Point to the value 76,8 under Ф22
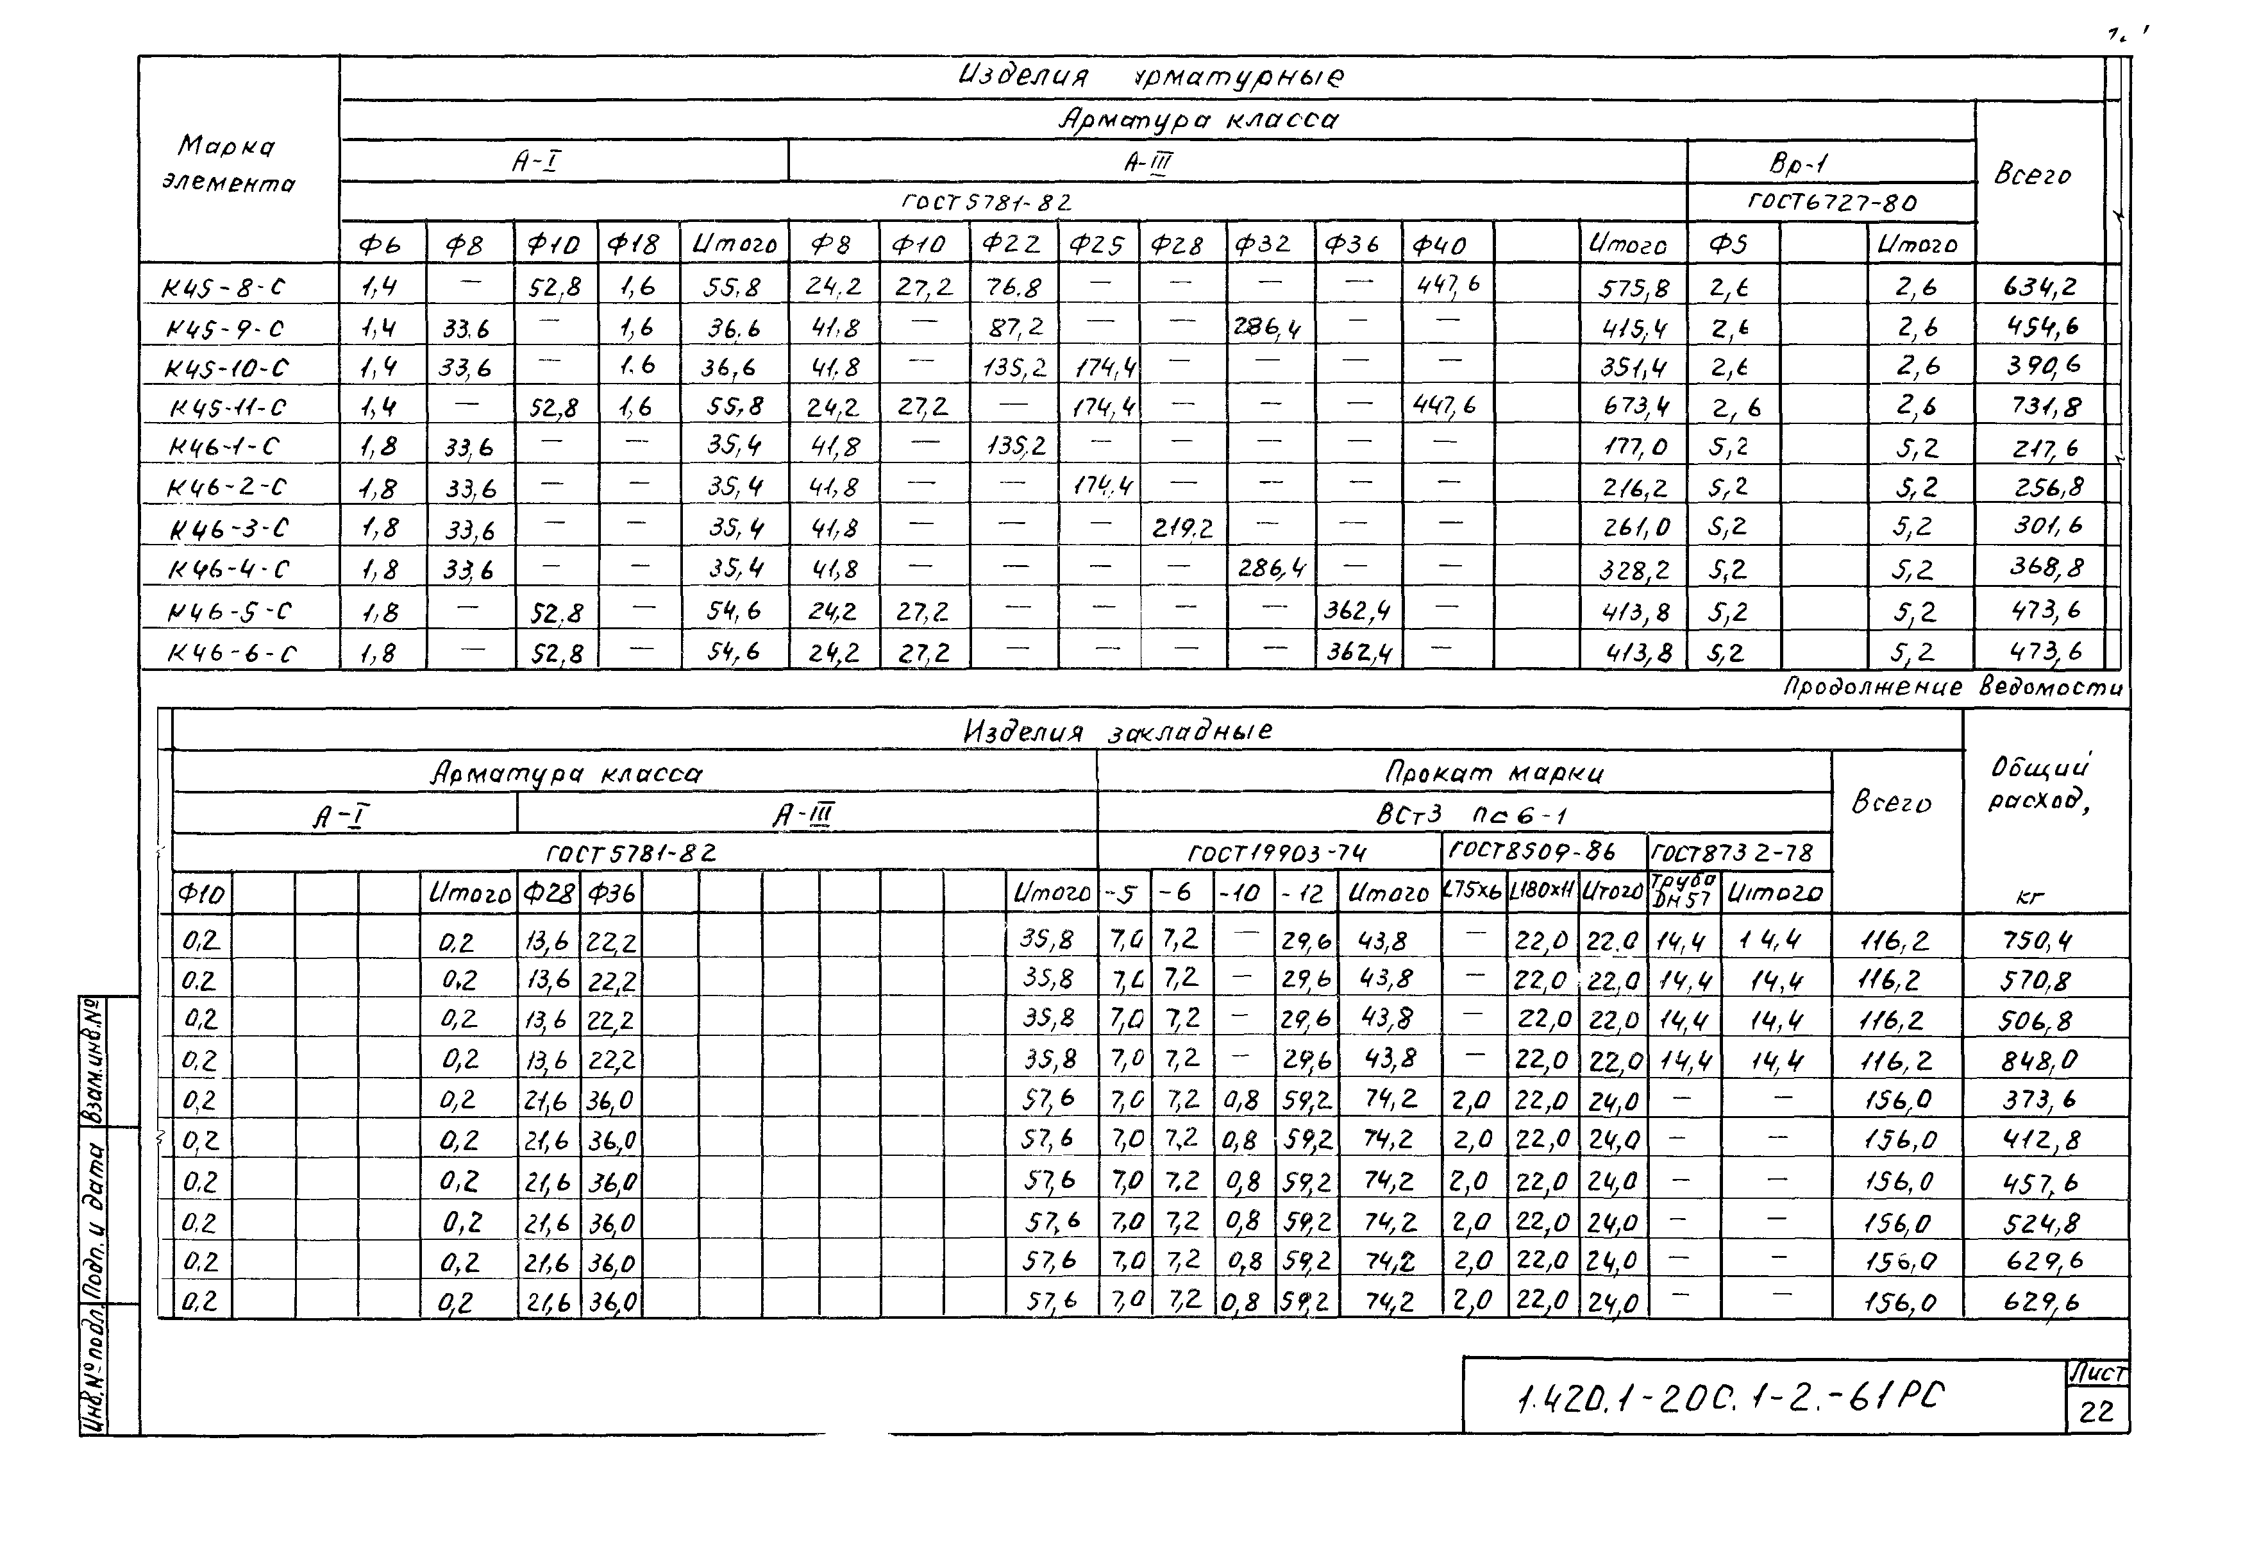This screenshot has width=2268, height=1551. point(1014,287)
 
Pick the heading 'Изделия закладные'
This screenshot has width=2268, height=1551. point(1118,731)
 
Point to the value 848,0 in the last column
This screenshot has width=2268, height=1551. point(2038,1060)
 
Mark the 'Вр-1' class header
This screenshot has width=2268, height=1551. point(1797,163)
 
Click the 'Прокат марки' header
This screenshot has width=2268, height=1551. point(1493,773)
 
